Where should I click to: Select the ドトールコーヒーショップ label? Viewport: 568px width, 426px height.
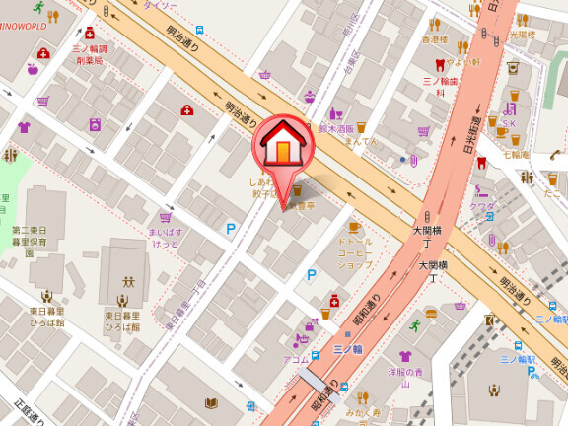pyautogui.click(x=355, y=253)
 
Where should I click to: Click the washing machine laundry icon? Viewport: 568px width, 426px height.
pyautogui.click(x=96, y=124)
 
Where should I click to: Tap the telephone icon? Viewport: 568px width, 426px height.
pyautogui.click(x=557, y=154)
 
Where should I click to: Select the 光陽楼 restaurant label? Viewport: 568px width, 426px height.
pyautogui.click(x=522, y=35)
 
